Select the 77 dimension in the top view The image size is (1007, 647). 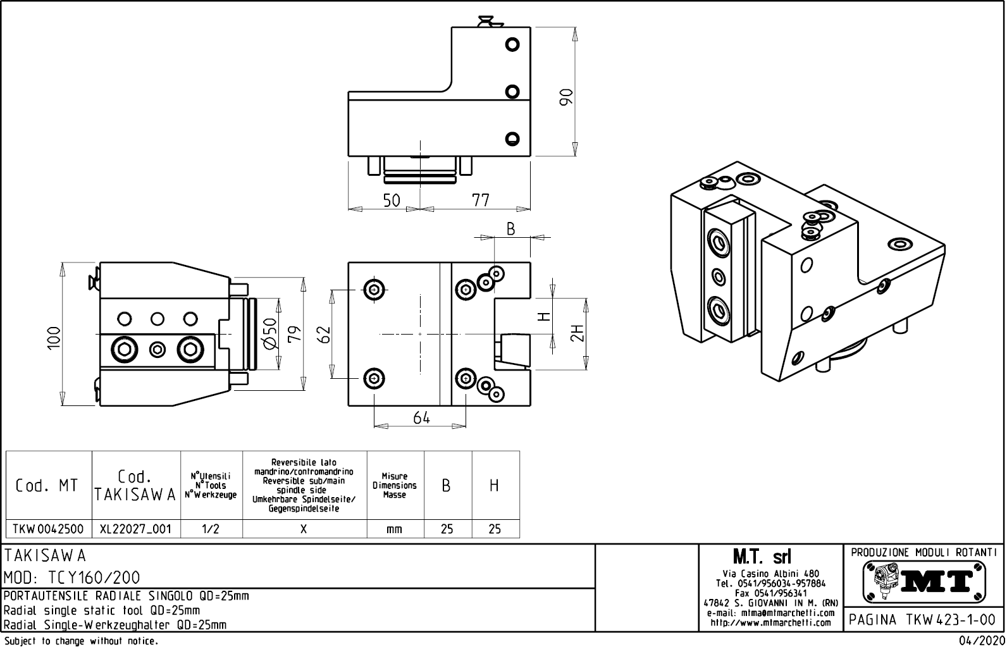tap(481, 200)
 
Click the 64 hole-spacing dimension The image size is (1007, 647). tap(421, 417)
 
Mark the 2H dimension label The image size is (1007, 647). tap(576, 333)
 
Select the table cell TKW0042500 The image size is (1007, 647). tap(48, 529)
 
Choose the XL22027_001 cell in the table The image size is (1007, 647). tap(135, 529)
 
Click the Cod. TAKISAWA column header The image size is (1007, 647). tap(135, 486)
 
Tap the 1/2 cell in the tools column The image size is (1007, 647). tap(211, 529)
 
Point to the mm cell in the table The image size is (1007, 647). tap(394, 529)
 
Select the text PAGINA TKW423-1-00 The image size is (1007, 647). tap(924, 620)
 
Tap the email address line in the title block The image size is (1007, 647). tap(770, 613)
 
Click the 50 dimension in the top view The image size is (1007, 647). tap(392, 200)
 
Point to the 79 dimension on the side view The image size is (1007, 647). tap(293, 333)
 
